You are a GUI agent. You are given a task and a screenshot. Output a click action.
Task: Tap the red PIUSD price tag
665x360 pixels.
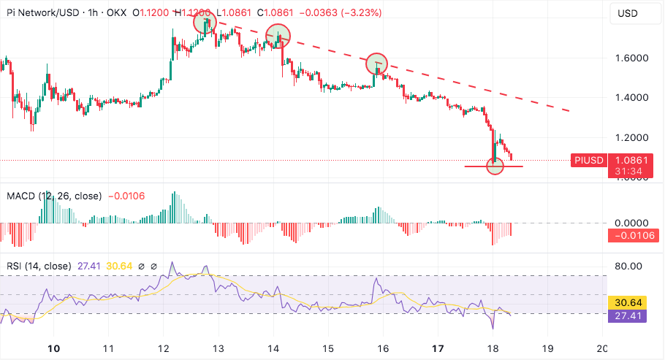(x=588, y=160)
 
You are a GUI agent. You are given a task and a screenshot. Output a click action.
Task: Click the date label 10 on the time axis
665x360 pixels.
(x=53, y=348)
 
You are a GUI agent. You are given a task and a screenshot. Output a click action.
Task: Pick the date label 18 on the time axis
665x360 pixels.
(x=493, y=348)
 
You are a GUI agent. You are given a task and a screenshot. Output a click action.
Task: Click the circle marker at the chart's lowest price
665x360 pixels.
(x=495, y=166)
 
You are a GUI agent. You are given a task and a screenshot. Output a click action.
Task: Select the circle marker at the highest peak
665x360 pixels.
(x=205, y=23)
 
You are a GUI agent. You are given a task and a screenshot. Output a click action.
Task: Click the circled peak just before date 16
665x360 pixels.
(x=376, y=64)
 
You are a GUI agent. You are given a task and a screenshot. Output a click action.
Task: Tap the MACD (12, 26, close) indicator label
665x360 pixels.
(x=54, y=196)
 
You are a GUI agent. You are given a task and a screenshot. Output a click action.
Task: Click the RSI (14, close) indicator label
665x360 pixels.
(x=39, y=266)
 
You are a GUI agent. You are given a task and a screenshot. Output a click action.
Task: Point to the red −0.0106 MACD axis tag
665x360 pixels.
(x=634, y=235)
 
